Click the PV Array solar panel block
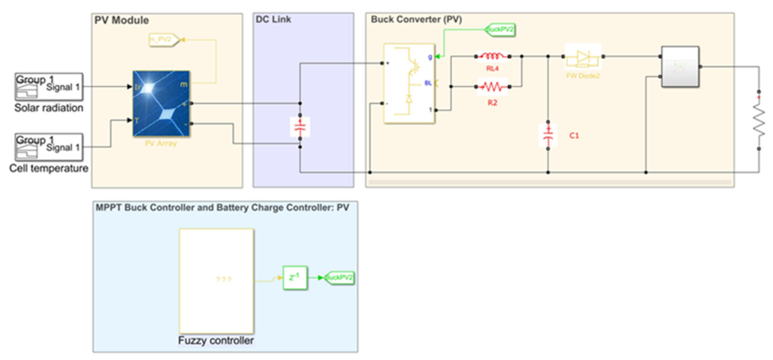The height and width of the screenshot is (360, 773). point(161,103)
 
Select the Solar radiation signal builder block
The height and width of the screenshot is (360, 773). point(49,87)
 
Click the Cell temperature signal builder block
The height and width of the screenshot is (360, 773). point(49,147)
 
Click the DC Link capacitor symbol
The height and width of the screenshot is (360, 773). point(300,127)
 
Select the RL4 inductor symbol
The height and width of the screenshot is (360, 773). point(492,56)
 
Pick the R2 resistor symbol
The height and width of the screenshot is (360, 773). point(492,86)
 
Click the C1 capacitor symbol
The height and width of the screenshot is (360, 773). point(548,135)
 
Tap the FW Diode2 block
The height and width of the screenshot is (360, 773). point(583,57)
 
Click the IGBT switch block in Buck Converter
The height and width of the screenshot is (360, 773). point(409,84)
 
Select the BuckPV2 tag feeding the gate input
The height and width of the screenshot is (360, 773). point(500,30)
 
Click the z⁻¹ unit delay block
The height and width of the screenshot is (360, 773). point(295,277)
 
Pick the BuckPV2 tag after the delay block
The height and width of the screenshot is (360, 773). point(339,277)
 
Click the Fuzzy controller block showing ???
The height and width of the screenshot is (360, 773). point(216,281)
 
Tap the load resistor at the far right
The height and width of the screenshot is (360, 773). point(758,121)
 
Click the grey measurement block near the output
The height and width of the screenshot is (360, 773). point(680,67)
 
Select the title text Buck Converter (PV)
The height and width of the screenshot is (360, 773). point(416,20)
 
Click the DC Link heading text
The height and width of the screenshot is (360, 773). point(273,20)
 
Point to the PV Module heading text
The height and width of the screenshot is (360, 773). point(122,21)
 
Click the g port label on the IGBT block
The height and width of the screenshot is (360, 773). point(429,57)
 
